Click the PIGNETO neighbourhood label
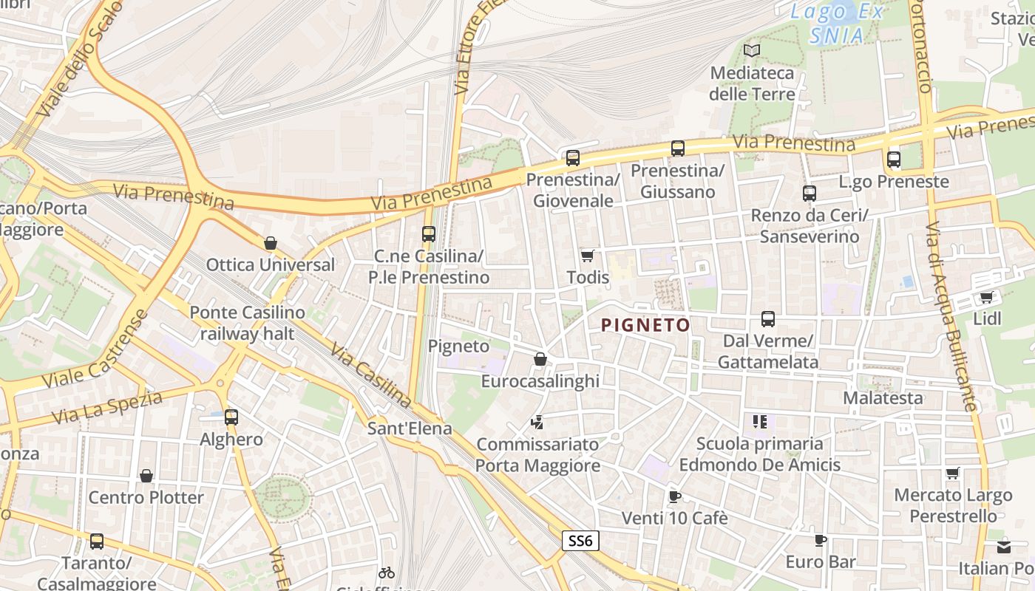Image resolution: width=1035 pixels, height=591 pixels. coord(645,325)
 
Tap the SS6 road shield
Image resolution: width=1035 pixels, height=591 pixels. coord(580,541)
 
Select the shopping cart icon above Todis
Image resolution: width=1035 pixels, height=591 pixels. coord(588,256)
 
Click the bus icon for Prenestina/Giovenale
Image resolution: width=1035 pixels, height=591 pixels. coord(572,157)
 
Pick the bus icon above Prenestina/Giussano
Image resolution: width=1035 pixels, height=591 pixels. coord(677,148)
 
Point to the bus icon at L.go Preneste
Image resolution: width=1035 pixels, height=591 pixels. coord(894,159)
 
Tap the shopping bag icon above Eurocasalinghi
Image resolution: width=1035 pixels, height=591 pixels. coord(540,360)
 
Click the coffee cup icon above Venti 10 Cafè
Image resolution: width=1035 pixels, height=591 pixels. coord(673,496)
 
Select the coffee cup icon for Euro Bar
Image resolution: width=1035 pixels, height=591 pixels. coord(820,540)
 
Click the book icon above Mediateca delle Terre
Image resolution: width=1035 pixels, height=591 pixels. coord(752,51)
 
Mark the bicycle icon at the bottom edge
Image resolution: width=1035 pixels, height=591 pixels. coord(386,573)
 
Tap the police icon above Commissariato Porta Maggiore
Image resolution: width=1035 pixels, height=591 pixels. coord(537,423)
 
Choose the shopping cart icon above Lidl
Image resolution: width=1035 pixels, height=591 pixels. coord(986,298)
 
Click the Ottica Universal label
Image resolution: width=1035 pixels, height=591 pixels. coord(271,264)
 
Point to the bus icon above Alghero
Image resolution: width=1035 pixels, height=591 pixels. coord(231,417)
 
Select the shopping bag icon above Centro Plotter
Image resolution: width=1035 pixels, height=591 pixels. coord(146,476)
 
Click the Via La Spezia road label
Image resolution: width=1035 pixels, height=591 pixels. coord(108,409)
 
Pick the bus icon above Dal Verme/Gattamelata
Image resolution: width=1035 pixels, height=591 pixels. coord(768,319)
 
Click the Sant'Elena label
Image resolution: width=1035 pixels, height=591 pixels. coord(410,428)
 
